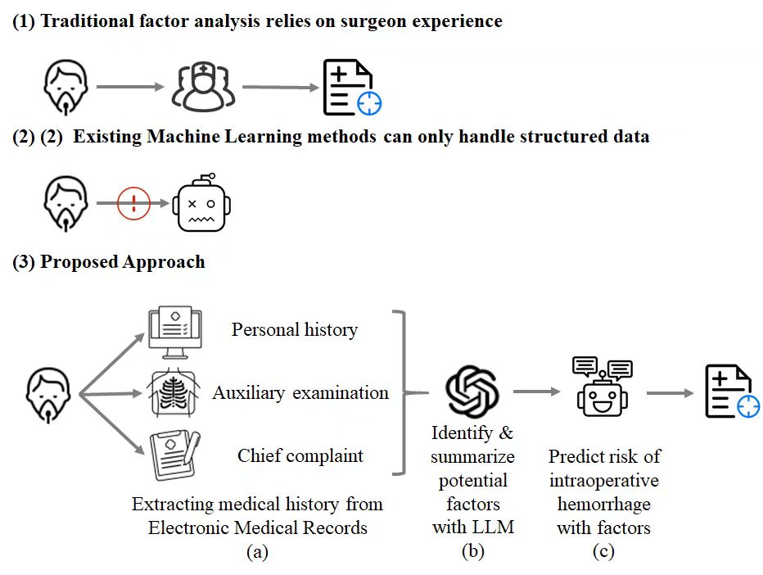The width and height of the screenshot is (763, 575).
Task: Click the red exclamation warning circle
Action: pyautogui.click(x=133, y=203)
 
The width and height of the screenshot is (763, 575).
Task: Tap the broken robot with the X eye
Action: pyautogui.click(x=201, y=203)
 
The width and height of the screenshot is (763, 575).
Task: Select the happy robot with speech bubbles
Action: pyautogui.click(x=603, y=387)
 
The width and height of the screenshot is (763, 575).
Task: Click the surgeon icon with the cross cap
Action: pyautogui.click(x=203, y=87)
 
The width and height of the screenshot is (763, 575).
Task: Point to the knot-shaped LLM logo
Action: pyautogui.click(x=472, y=392)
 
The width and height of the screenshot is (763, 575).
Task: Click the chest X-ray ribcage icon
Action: pyautogui.click(x=174, y=393)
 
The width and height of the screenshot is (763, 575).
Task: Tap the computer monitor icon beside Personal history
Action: pyautogui.click(x=175, y=332)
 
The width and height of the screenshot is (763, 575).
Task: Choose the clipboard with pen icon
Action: pyautogui.click(x=174, y=455)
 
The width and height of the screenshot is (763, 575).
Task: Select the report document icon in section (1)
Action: pyautogui.click(x=352, y=87)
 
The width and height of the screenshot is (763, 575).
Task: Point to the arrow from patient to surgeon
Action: pyautogui.click(x=130, y=87)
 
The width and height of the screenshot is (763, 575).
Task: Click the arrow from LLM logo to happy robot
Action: pyautogui.click(x=537, y=391)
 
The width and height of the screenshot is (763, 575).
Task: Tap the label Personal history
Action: pyautogui.click(x=295, y=329)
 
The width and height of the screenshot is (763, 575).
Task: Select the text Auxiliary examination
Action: pyautogui.click(x=300, y=392)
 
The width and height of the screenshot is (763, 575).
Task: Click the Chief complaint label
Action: pyautogui.click(x=300, y=455)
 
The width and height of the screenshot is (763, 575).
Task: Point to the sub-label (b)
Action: pyautogui.click(x=472, y=550)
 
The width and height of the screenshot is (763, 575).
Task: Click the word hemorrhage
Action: pyautogui.click(x=604, y=504)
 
